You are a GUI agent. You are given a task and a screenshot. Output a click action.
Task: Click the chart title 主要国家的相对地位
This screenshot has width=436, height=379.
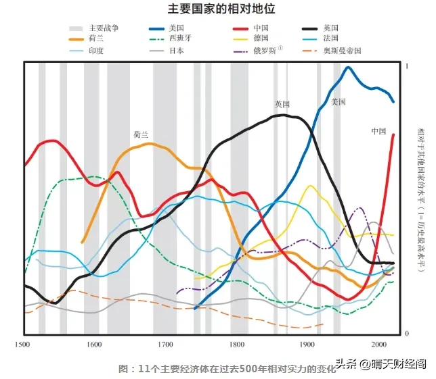pyautogui.click(x=221, y=9)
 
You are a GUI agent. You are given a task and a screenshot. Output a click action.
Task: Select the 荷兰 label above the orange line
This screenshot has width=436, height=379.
pyautogui.click(x=141, y=134)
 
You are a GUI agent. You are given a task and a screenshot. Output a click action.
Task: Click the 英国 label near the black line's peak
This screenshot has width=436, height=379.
pyautogui.click(x=282, y=104)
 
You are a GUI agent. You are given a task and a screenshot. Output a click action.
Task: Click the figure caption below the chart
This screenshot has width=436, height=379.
pyautogui.click(x=227, y=369)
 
